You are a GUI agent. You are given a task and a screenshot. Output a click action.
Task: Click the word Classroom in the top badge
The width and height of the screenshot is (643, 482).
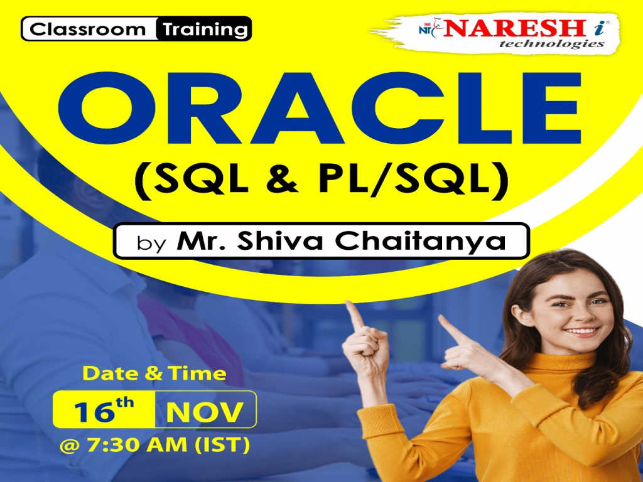coord(88,29)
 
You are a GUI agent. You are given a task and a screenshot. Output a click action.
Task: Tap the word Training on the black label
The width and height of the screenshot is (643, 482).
coord(205,29)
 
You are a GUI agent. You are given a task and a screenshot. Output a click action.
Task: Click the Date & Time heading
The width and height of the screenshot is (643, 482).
coord(154,373)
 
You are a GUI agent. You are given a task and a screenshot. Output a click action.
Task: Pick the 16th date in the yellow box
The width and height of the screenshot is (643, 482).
coord(103,411)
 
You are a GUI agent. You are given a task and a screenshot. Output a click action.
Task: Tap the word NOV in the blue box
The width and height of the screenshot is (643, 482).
coord(204,411)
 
